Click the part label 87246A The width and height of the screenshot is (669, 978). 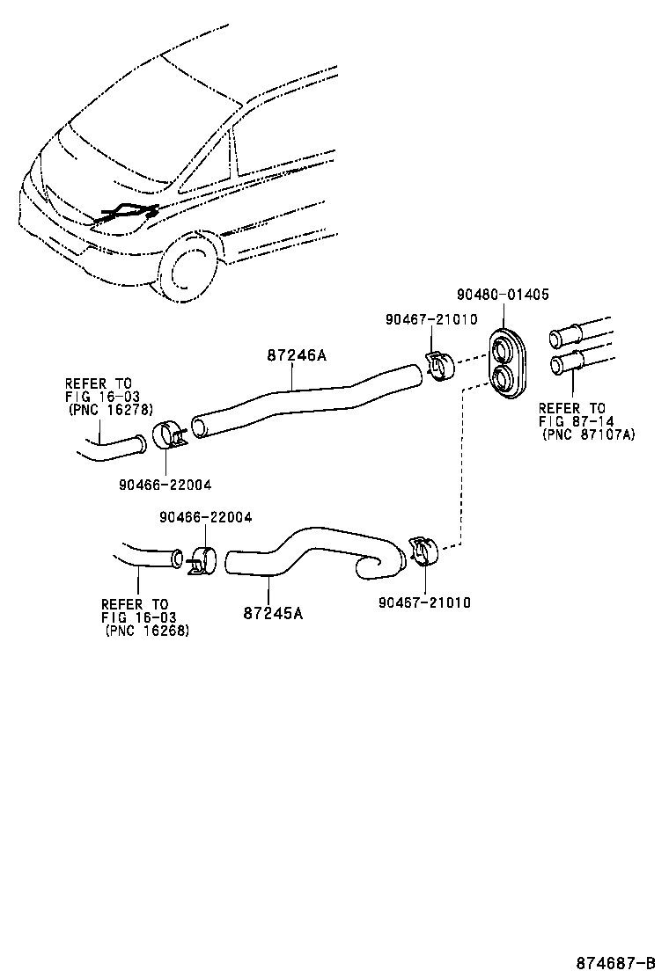[297, 355]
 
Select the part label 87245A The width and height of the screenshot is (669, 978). [273, 613]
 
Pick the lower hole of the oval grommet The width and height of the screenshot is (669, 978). [505, 380]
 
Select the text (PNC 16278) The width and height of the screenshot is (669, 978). [110, 410]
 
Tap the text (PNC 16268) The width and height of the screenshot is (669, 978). [147, 631]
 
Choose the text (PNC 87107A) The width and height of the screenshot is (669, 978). [588, 434]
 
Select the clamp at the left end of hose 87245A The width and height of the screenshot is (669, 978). [202, 559]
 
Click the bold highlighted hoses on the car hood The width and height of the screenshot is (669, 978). [128, 213]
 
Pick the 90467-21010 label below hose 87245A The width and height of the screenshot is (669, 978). [424, 602]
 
